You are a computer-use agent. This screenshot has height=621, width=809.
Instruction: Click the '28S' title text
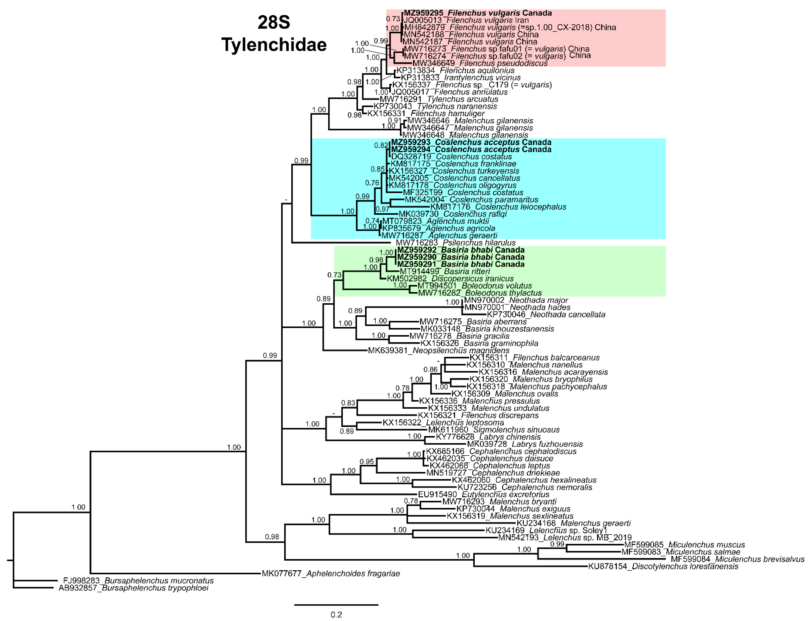pos(274,22)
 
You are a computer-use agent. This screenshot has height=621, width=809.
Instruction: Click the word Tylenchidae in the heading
pos(274,45)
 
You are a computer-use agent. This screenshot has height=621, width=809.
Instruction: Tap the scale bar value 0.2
pos(336,614)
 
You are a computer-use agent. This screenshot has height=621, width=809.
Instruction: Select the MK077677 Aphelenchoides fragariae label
pos(331,573)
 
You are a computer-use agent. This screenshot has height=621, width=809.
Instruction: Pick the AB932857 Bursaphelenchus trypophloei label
pos(133,588)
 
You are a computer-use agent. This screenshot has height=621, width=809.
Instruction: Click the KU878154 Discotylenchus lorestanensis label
pos(663,566)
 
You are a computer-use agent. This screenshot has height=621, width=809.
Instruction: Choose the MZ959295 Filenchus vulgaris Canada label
pos(478,13)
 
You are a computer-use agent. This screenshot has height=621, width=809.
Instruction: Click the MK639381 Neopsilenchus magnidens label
pos(439,350)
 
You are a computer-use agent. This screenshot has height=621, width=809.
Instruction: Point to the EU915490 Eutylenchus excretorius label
pos(483,494)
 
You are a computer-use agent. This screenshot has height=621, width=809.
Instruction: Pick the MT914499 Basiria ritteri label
pos(445,271)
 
